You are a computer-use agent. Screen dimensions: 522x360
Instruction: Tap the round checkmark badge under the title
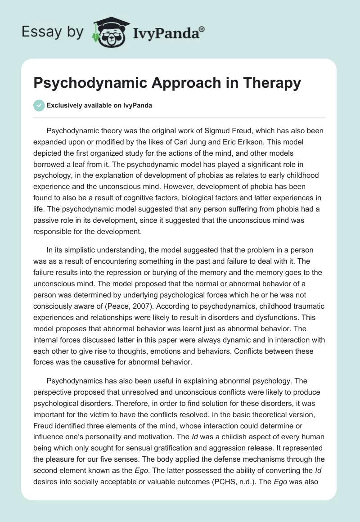(39, 105)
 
